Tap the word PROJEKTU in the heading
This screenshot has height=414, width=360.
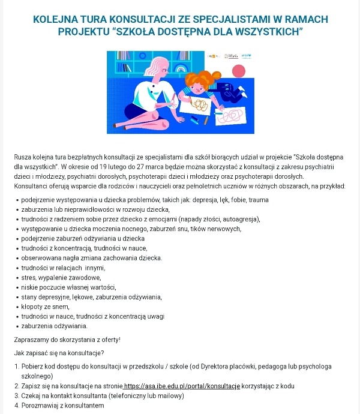pos(81,31)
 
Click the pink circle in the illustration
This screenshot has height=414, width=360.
pos(240,71)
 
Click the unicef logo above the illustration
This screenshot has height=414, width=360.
pos(246,56)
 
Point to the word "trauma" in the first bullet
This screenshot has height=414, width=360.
pos(259,199)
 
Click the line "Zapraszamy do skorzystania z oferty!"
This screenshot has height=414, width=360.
pos(67,340)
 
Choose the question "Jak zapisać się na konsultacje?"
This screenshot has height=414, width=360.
pos(59,352)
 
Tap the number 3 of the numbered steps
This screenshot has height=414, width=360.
pos(16,396)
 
